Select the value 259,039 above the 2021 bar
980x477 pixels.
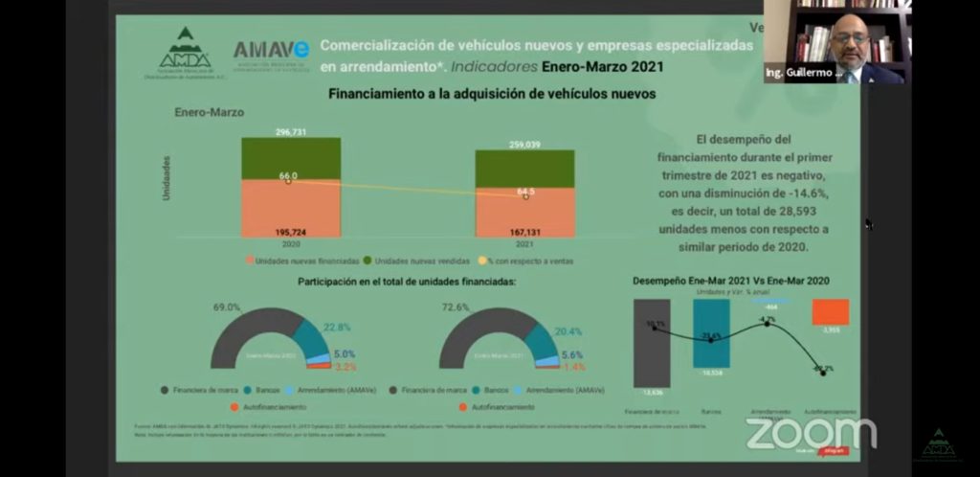(x=524, y=145)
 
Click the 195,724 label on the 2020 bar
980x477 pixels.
(x=289, y=232)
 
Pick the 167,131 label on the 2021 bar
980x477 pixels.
(x=524, y=232)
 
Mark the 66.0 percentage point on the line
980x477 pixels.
(x=288, y=177)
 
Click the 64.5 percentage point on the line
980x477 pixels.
(x=525, y=193)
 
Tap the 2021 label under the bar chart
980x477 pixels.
(x=524, y=244)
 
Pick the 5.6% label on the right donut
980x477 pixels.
(x=572, y=353)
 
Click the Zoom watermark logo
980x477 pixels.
(x=811, y=433)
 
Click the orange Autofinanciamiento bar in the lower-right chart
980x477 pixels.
(x=830, y=312)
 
